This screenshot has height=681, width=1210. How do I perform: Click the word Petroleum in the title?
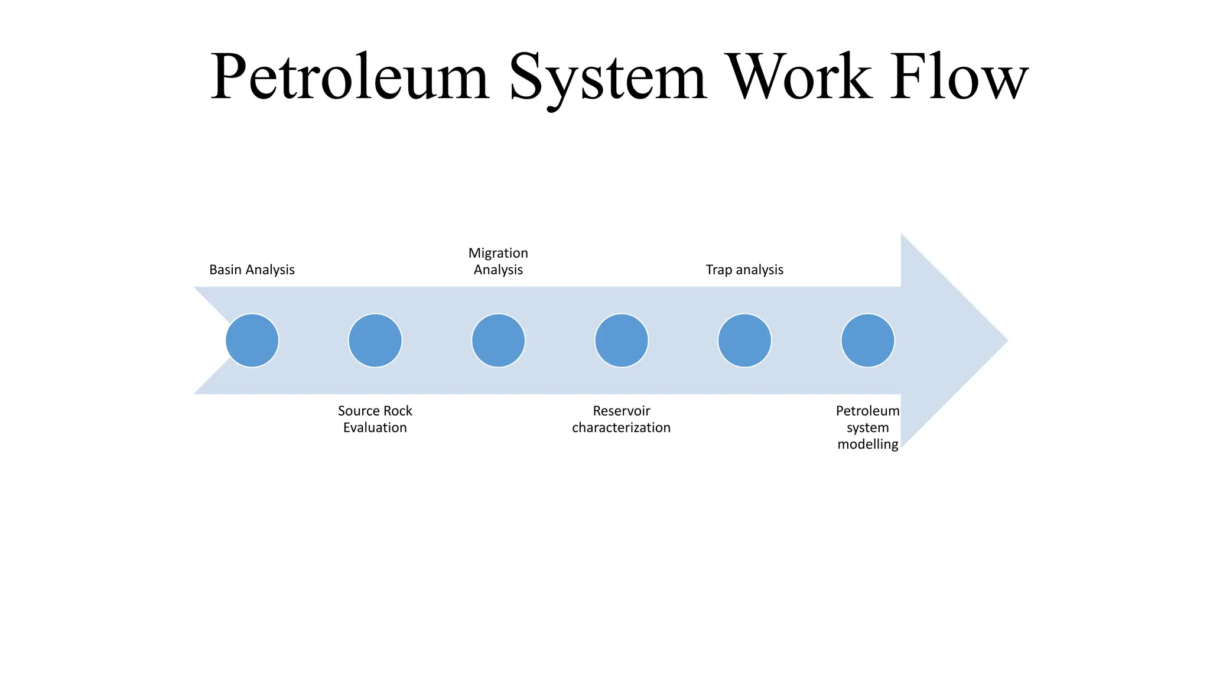(x=350, y=77)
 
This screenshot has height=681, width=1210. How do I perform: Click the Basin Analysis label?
(x=252, y=270)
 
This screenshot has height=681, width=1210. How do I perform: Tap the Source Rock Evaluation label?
(x=375, y=419)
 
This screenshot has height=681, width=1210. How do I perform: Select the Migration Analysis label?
(x=498, y=261)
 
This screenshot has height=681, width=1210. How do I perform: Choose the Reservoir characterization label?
(x=621, y=419)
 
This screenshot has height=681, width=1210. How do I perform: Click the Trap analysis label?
(x=744, y=270)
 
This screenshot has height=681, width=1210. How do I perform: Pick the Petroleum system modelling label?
(x=867, y=427)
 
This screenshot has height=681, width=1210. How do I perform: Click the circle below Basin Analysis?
(x=252, y=340)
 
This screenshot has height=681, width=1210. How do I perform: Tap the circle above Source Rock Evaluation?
(x=375, y=340)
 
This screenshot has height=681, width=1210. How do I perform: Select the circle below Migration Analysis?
(x=498, y=340)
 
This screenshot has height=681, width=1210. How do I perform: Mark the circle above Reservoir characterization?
(x=621, y=340)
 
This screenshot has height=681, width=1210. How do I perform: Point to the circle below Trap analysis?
(x=744, y=340)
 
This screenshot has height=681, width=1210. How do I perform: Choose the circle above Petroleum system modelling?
(x=867, y=340)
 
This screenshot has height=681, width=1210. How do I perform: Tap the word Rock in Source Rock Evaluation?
(x=397, y=411)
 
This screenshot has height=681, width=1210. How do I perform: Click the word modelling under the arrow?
(x=867, y=444)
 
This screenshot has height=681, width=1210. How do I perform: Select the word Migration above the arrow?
(x=498, y=253)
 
